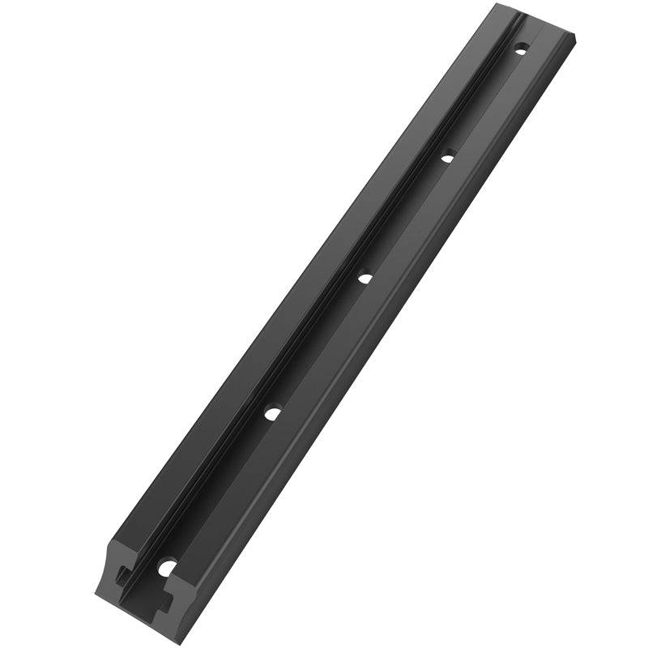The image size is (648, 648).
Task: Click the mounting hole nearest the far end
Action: coord(522,49)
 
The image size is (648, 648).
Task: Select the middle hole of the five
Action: coord(364,278)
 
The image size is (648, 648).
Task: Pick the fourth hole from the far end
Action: coord(273,412)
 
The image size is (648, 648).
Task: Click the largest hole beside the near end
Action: coord(168,568)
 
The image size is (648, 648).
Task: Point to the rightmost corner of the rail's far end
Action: coord(577,36)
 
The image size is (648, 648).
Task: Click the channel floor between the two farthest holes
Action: coord(484,104)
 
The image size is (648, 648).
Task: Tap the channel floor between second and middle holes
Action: coord(405,219)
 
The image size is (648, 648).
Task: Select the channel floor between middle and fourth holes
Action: coord(318,345)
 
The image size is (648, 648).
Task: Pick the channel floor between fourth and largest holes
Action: coord(220,490)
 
